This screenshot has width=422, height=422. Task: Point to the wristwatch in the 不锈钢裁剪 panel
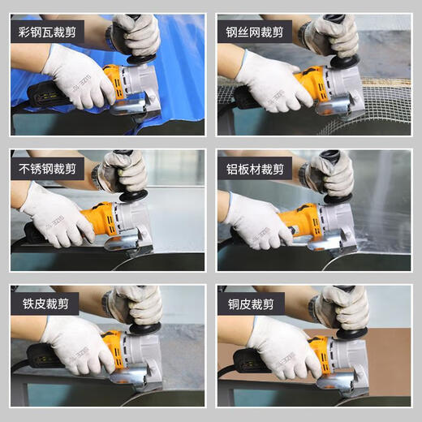pos(98,178)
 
